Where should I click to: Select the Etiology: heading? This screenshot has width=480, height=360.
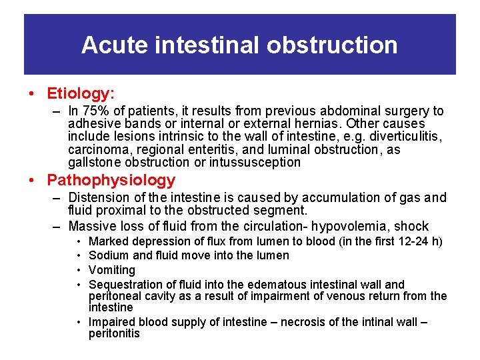click(85, 93)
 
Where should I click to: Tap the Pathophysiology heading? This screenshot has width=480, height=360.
click(111, 180)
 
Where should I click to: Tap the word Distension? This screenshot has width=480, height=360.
click(99, 198)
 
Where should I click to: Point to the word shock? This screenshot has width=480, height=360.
click(413, 226)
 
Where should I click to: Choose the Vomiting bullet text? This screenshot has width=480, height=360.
click(112, 270)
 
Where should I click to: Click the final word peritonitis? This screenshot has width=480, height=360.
click(114, 333)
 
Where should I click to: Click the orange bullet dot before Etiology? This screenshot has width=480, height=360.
click(31, 94)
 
